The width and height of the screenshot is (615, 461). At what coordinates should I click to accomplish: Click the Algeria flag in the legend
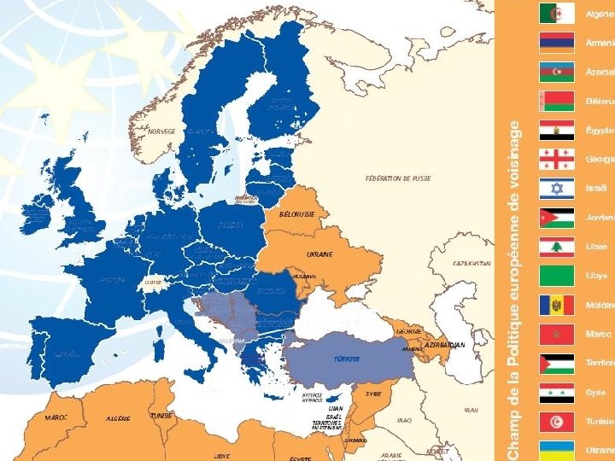click(556, 14)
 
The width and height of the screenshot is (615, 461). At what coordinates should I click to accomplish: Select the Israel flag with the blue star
click(556, 189)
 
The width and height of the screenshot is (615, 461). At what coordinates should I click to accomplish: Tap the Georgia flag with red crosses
click(556, 160)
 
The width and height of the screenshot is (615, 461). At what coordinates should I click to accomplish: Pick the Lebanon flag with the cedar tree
click(556, 247)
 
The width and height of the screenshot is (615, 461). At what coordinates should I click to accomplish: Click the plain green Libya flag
click(556, 276)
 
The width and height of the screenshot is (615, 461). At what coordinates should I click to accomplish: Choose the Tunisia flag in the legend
click(556, 422)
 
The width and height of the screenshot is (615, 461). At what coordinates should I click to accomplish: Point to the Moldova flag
click(556, 305)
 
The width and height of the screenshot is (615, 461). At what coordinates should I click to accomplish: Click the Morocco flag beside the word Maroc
click(556, 334)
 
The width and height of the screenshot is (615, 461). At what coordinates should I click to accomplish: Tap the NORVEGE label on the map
click(161, 131)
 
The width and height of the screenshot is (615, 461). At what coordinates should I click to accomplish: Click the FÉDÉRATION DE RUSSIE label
click(397, 179)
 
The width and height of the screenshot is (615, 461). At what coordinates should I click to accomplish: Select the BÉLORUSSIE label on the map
click(297, 214)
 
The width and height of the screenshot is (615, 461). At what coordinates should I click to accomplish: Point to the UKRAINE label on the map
click(319, 254)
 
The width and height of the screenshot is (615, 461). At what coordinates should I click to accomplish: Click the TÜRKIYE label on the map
click(346, 359)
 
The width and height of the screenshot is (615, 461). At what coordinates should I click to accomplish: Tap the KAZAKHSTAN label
click(471, 264)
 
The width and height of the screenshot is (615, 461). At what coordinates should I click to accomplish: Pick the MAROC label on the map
click(58, 417)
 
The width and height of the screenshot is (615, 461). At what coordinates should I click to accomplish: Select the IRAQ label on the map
click(404, 420)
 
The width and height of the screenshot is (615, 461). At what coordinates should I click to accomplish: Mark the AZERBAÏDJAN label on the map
click(445, 345)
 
